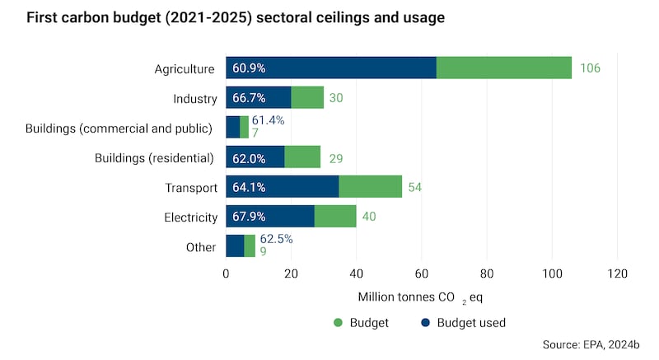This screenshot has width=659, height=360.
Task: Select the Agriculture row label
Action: click(185, 68)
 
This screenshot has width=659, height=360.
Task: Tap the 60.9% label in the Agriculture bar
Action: click(249, 68)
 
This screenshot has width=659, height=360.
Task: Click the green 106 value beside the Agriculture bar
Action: click(590, 68)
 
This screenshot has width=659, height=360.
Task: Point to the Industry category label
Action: click(195, 98)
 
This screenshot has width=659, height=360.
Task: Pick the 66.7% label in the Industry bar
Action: click(249, 98)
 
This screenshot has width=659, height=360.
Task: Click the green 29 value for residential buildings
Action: click(336, 157)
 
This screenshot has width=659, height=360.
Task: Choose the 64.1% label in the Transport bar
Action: click(249, 188)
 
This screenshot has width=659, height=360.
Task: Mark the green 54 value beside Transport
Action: click(414, 188)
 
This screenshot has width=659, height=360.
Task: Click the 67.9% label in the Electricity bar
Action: click(249, 217)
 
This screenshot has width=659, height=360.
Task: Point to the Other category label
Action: click(201, 247)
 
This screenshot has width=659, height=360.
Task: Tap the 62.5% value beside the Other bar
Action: click(276, 240)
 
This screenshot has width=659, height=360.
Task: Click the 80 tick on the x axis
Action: click(487, 274)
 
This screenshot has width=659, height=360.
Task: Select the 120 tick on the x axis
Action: click(617, 274)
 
